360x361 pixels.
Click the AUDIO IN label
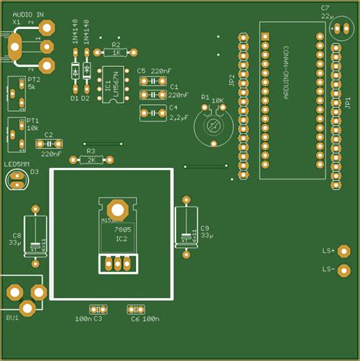(28, 14)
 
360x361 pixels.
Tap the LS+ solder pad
(344, 251)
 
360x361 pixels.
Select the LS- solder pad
(344, 270)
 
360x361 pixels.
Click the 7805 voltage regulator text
(122, 229)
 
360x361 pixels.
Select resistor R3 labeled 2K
(91, 160)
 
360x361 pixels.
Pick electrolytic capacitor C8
(35, 234)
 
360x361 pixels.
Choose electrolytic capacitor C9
(187, 228)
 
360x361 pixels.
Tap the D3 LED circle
(16, 179)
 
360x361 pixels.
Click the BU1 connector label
(12, 317)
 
